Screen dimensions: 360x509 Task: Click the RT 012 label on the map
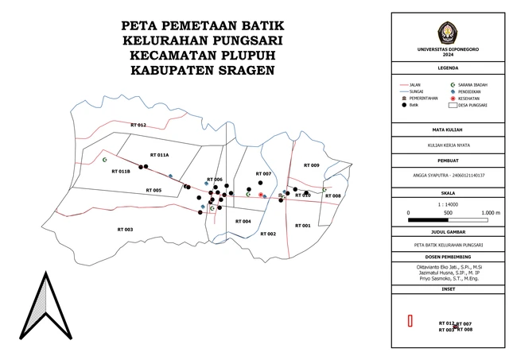coord(138,126)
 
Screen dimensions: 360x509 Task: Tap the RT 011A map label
coord(158,154)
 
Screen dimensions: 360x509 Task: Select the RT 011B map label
coord(121,172)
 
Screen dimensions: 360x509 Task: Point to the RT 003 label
coord(122,229)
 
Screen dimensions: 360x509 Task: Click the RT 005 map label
coord(153,191)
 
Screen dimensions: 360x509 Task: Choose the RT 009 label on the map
coord(310,165)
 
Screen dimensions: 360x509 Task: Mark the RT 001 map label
coord(302,226)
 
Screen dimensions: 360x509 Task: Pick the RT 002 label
coord(267,234)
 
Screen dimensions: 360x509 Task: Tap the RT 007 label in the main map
coord(263,173)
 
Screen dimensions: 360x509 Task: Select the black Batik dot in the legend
coord(404,105)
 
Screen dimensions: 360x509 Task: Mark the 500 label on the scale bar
coord(448,213)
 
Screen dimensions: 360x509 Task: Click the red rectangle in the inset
coord(410,321)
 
